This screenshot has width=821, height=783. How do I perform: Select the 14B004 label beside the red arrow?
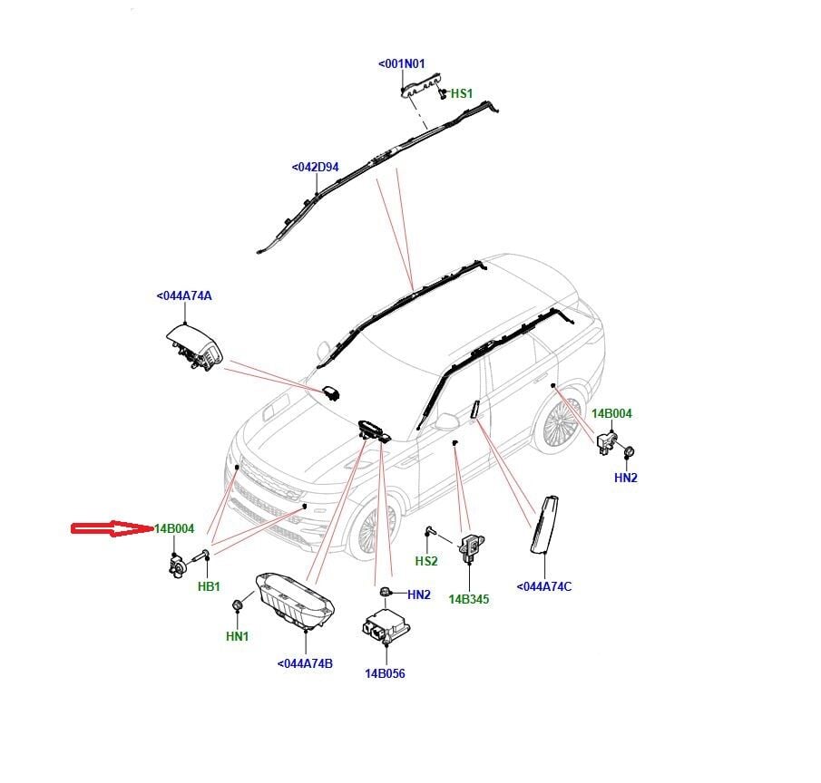174,529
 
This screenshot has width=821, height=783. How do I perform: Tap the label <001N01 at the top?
401,64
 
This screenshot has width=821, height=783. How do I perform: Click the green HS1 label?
462,93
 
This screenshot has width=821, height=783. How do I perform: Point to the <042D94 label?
315,168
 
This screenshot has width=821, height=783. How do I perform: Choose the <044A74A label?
184,296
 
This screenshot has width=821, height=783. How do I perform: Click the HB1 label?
210,587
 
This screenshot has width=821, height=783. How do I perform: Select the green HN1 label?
237,637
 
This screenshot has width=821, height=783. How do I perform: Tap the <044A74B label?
305,664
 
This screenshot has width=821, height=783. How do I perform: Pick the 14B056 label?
385,673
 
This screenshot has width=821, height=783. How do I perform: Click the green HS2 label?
426,562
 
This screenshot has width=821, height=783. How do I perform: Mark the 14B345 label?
468,599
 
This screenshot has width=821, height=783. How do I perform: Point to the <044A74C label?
544,586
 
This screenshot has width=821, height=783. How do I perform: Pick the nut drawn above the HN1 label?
238,604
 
